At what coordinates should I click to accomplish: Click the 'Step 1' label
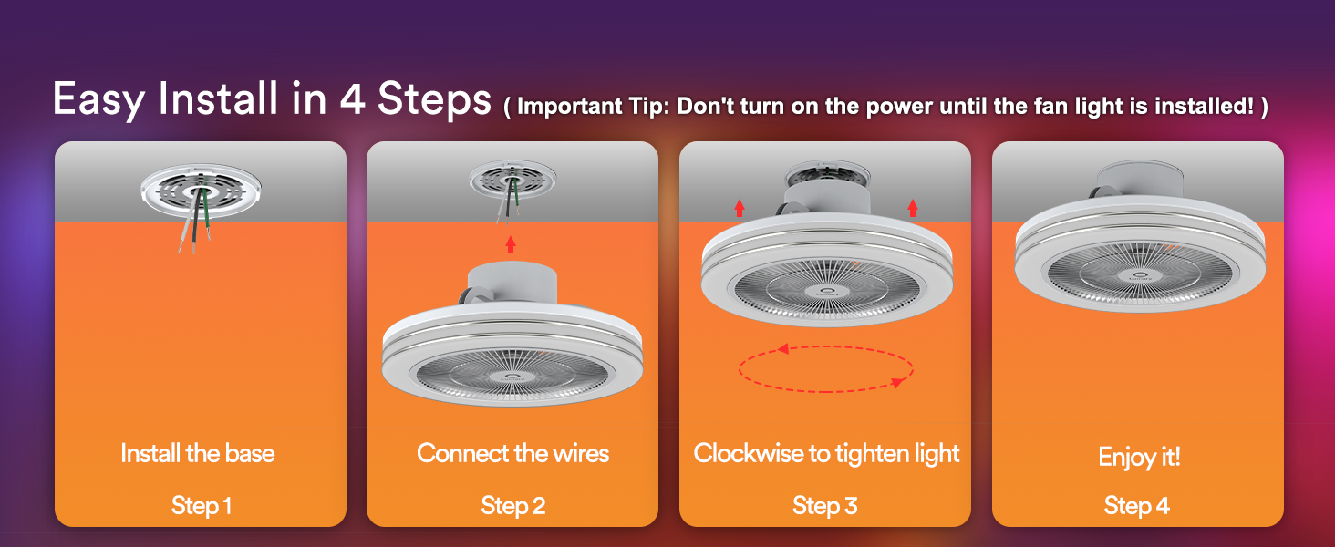click(201, 506)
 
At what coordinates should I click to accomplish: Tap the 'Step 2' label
click(513, 506)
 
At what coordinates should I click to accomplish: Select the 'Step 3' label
click(825, 506)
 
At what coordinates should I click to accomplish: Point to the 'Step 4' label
click(1136, 506)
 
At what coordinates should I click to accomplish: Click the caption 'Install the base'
click(198, 453)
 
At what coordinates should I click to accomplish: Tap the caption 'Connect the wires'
click(512, 453)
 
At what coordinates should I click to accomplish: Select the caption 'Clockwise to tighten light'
click(827, 454)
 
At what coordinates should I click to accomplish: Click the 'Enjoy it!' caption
click(1139, 457)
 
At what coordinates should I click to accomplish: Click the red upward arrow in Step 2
click(510, 244)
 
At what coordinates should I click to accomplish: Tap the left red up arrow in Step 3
click(740, 208)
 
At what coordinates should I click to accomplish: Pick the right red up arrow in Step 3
click(913, 208)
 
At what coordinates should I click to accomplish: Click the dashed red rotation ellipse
click(826, 391)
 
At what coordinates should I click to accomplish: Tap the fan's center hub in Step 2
click(512, 376)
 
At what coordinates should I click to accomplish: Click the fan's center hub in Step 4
click(1139, 276)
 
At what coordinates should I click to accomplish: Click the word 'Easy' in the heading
click(98, 99)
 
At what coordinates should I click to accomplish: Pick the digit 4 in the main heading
click(352, 98)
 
